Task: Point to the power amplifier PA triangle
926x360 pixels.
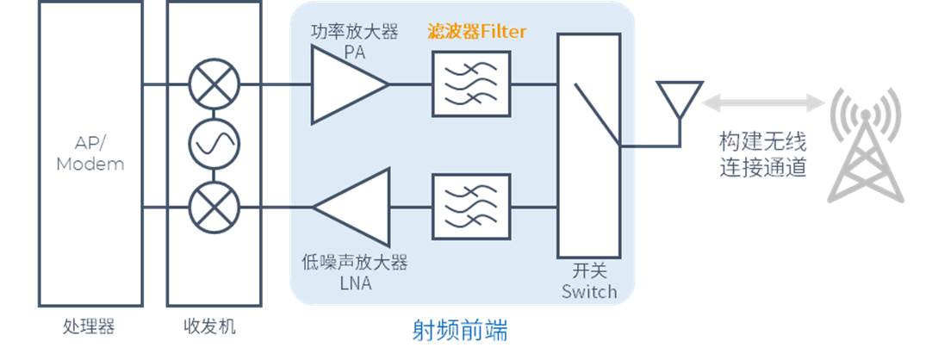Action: pos(345,84)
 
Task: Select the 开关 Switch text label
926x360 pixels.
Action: pos(589,280)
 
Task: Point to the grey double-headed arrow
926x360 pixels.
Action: pos(763,104)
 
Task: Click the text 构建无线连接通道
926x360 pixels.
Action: pos(763,153)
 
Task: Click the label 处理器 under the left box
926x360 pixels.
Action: pos(89,327)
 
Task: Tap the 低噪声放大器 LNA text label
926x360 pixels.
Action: pos(354,271)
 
